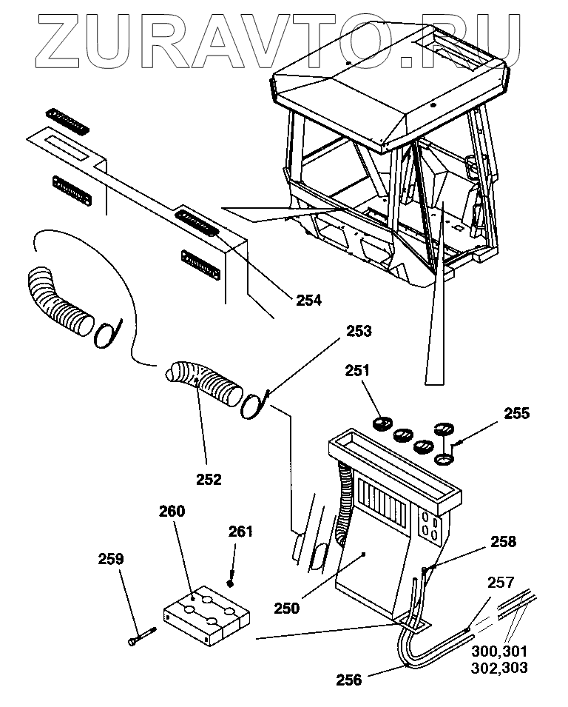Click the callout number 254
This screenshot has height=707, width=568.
click(x=309, y=300)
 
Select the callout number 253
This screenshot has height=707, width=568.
click(x=357, y=331)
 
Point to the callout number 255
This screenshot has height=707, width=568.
click(x=516, y=413)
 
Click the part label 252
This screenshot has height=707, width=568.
click(x=209, y=479)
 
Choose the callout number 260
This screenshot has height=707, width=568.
click(x=171, y=511)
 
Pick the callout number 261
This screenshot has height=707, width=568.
click(x=240, y=531)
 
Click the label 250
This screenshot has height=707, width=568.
click(x=286, y=609)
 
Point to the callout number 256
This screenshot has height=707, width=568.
click(x=349, y=679)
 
